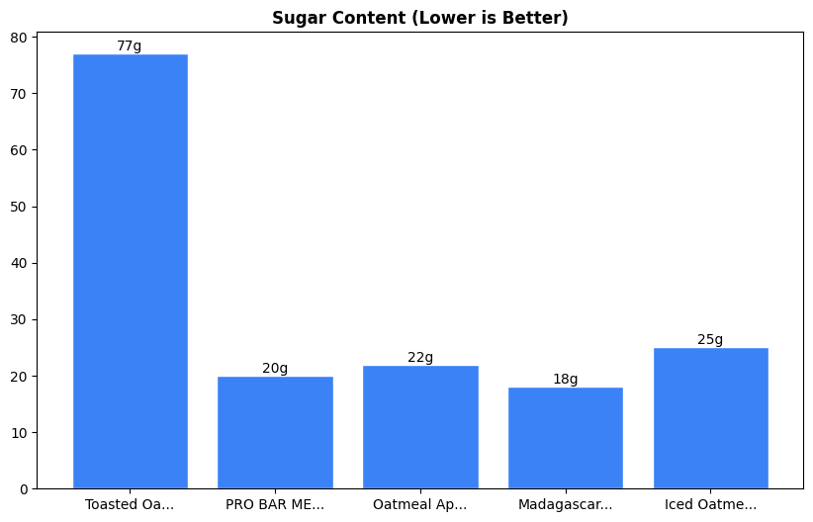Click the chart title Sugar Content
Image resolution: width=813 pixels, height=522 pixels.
point(420,18)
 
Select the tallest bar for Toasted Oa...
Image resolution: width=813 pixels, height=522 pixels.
point(130,272)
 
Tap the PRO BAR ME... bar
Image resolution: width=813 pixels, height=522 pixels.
point(275,432)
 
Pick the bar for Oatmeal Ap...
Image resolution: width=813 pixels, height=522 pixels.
point(420,427)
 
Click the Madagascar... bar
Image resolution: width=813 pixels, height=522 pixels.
point(566,438)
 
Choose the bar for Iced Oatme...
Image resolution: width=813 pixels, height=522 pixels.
point(710,418)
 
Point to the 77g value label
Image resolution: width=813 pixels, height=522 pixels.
point(130,46)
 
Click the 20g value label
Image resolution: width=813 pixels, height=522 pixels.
point(275,369)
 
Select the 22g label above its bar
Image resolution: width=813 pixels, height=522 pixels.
point(420,357)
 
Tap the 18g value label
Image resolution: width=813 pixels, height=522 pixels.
point(566,380)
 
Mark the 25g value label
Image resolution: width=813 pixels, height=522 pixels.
point(710,340)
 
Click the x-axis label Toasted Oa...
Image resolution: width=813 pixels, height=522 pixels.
point(130,504)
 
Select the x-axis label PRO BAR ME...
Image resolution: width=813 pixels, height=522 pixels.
point(275,504)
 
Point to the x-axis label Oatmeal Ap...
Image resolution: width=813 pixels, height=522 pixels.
point(420,504)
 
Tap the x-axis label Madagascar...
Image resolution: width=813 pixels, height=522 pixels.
point(566,504)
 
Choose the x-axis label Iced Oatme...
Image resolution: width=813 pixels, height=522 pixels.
point(710,504)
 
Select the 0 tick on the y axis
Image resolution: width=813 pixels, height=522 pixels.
point(24,489)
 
